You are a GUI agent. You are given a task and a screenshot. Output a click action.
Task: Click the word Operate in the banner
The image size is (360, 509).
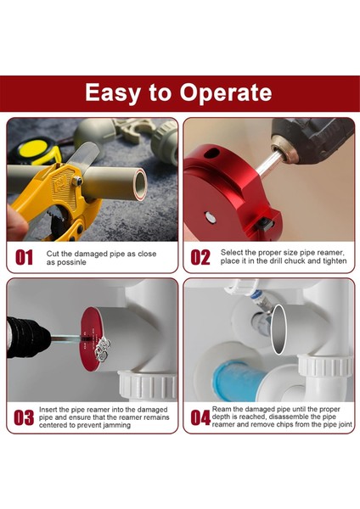tap(226, 93)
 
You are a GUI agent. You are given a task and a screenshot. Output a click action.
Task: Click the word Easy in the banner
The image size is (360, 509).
tap(112, 93)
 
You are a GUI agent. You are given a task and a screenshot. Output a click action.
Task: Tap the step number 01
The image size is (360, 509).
tap(24, 257)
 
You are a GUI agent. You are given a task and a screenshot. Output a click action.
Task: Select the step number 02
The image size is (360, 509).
tap(200, 257)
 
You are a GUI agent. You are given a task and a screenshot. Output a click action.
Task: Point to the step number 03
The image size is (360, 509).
tap(24, 417)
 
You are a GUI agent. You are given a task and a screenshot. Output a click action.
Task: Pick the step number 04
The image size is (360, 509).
tap(200, 417)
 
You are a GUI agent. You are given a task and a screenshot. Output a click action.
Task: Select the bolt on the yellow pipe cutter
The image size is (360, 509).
tap(76, 181)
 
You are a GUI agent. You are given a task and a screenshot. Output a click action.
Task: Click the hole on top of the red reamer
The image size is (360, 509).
tap(211, 153)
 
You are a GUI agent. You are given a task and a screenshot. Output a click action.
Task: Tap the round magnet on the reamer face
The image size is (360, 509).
tap(211, 217)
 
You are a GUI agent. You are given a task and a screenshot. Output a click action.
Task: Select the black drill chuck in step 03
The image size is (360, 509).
tap(28, 338)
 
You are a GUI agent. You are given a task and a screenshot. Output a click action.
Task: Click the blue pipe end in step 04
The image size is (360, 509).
tap(238, 380)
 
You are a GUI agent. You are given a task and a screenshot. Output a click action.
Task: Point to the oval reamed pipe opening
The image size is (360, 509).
tap(278, 329)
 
